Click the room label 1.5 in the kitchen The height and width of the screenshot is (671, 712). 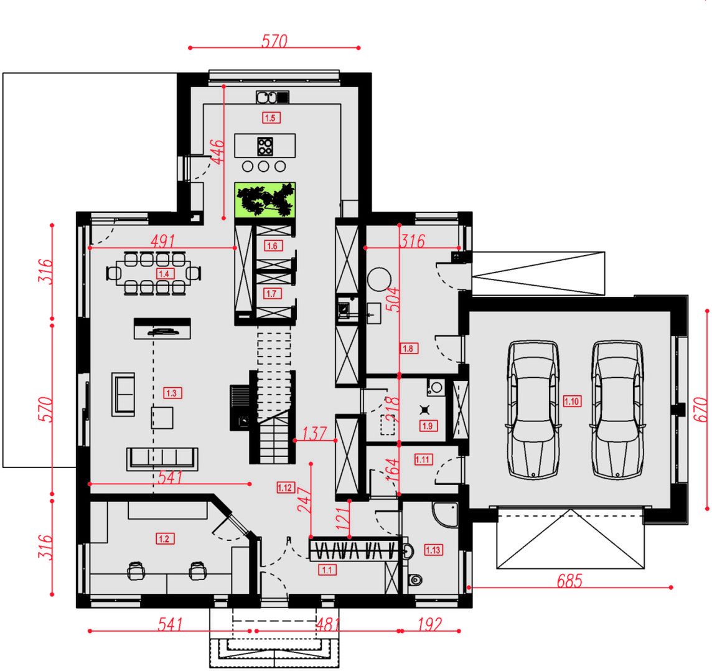pyautogui.click(x=271, y=118)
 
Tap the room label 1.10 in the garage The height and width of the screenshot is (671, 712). pyautogui.click(x=572, y=401)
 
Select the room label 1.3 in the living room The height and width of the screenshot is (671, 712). pyautogui.click(x=172, y=393)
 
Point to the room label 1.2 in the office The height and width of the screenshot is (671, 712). pyautogui.click(x=165, y=539)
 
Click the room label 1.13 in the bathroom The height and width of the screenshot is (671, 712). pyautogui.click(x=433, y=550)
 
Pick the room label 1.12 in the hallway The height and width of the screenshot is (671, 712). pyautogui.click(x=286, y=488)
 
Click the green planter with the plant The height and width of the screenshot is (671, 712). pyautogui.click(x=265, y=200)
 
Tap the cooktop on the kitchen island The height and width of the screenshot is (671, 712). pyautogui.click(x=265, y=146)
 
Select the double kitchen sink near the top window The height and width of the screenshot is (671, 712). pyautogui.click(x=273, y=97)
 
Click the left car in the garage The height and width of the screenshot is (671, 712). pyautogui.click(x=533, y=410)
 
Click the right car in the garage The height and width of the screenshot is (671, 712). pyautogui.click(x=617, y=410)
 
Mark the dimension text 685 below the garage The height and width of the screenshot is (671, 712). pyautogui.click(x=569, y=581)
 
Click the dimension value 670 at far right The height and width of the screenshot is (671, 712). pyautogui.click(x=701, y=410)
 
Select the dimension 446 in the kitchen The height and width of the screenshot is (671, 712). pyautogui.click(x=217, y=152)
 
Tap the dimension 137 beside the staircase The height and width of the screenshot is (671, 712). pyautogui.click(x=314, y=434)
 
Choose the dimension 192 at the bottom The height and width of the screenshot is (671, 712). pyautogui.click(x=429, y=625)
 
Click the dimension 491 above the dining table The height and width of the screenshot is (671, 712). pyautogui.click(x=162, y=241)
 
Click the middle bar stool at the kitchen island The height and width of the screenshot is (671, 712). pyautogui.click(x=264, y=167)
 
